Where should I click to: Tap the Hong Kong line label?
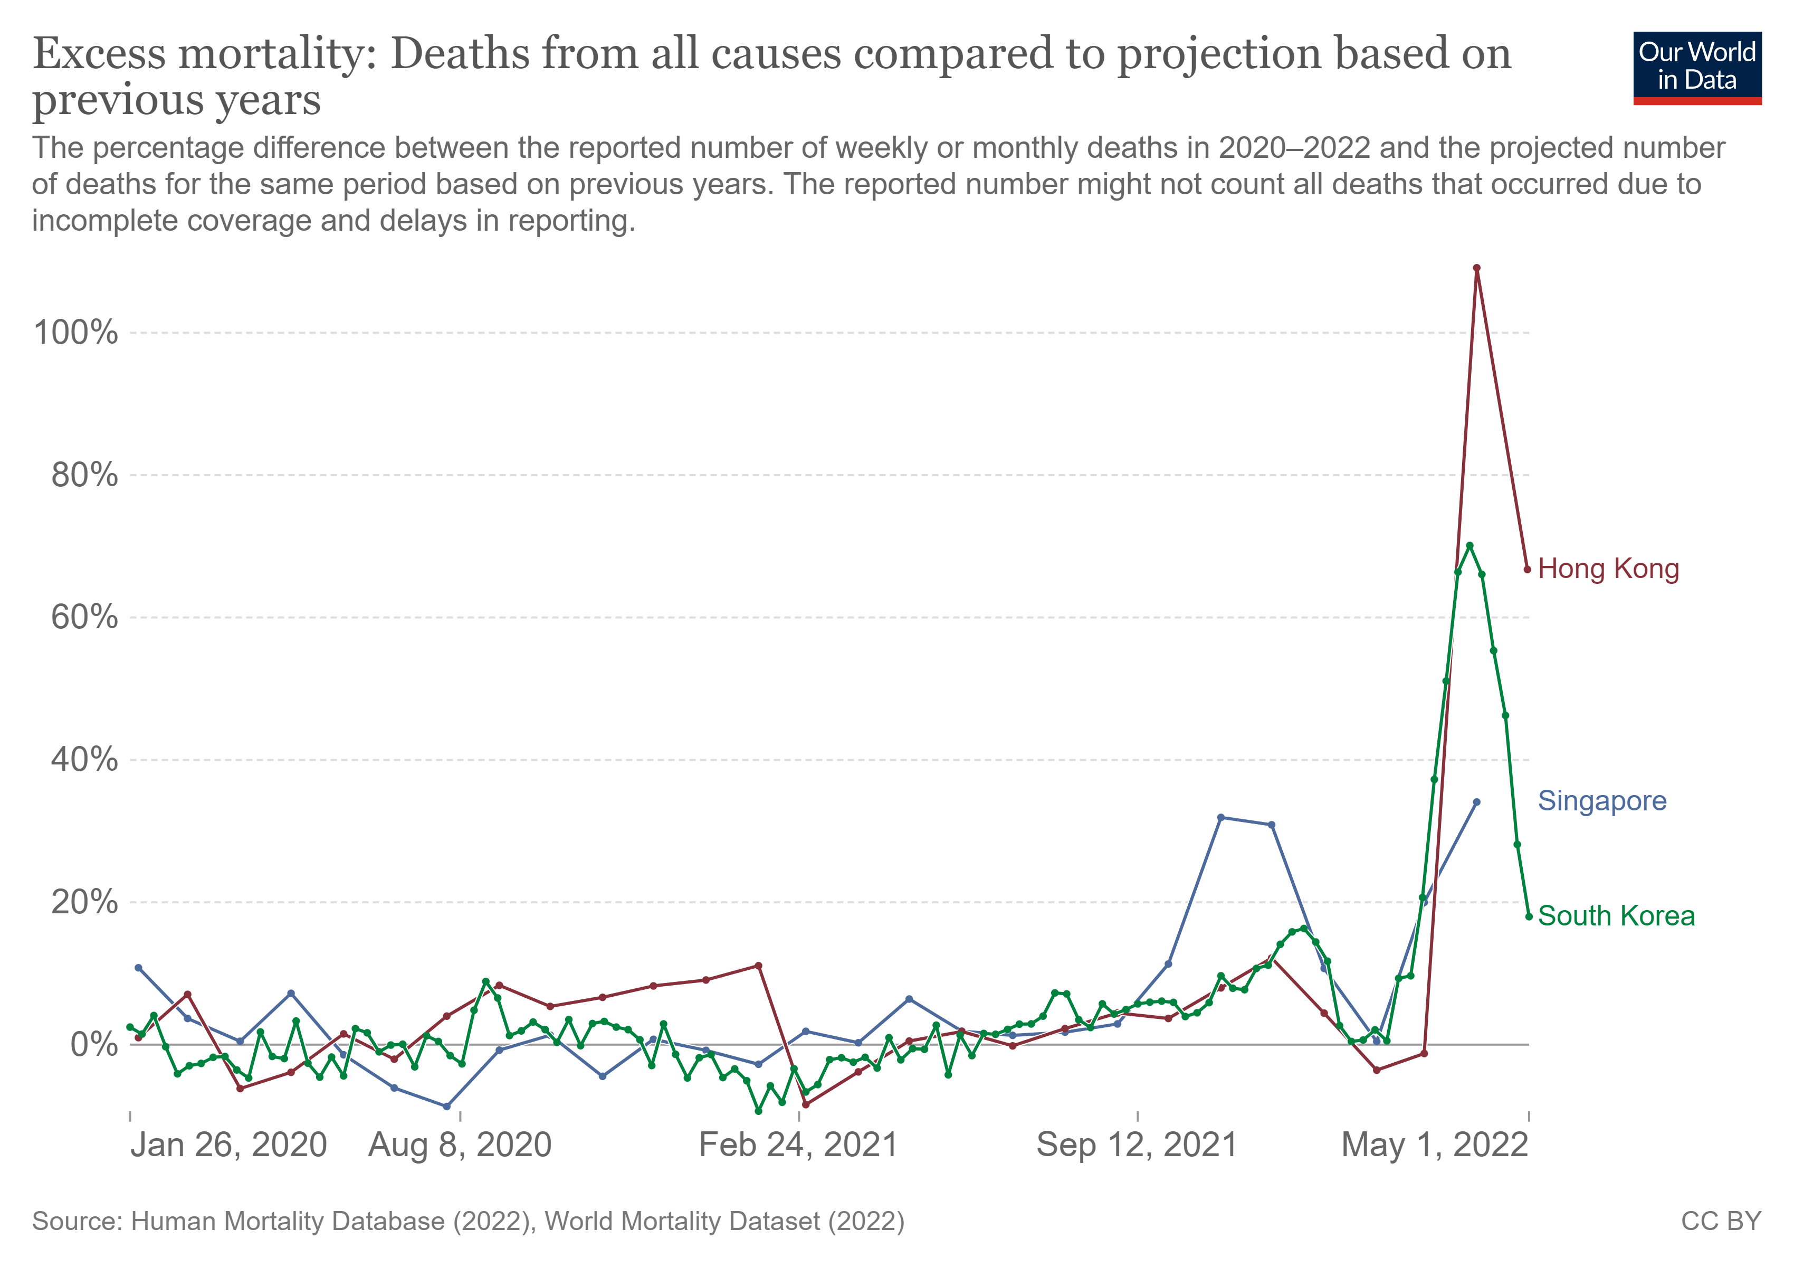tap(1608, 569)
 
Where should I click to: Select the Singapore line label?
tap(1602, 801)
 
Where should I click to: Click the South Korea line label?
tap(1616, 916)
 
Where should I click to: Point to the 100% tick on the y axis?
tap(76, 333)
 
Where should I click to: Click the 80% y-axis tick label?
tap(84, 475)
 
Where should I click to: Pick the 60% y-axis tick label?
tap(84, 618)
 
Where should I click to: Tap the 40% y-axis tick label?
tap(84, 760)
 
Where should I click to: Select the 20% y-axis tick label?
tap(84, 902)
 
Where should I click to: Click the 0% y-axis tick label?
tap(94, 1044)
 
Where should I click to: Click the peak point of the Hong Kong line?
tap(1476, 268)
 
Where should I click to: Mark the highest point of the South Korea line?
tap(1469, 545)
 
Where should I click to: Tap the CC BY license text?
tap(1721, 1222)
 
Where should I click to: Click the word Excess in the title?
tap(99, 55)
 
